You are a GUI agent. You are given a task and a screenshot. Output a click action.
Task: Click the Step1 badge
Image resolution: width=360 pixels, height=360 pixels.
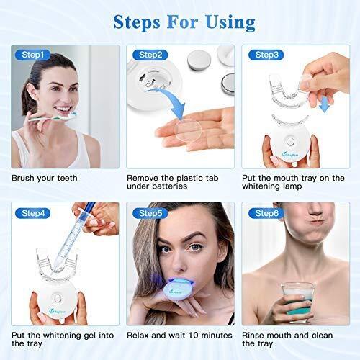(x=32, y=54)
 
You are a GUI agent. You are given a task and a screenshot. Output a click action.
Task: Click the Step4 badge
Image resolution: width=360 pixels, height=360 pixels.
(x=32, y=212)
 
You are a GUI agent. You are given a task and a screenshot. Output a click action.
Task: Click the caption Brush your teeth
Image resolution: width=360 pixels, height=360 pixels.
(x=45, y=177)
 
